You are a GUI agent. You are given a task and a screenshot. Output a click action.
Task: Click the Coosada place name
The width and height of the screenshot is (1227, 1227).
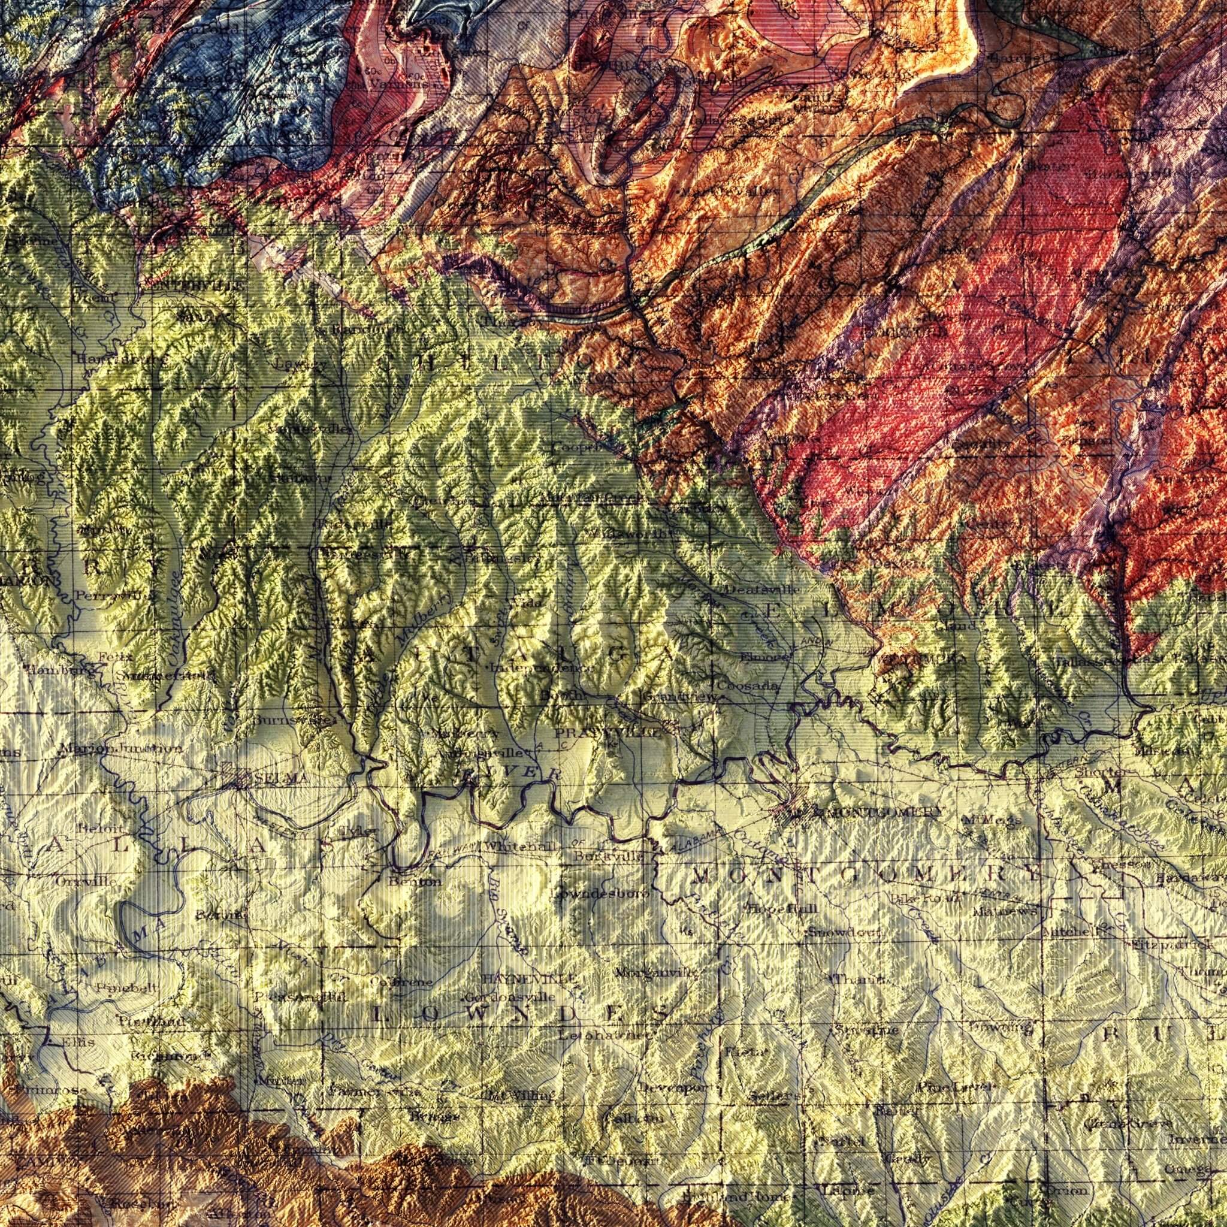tap(748, 686)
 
